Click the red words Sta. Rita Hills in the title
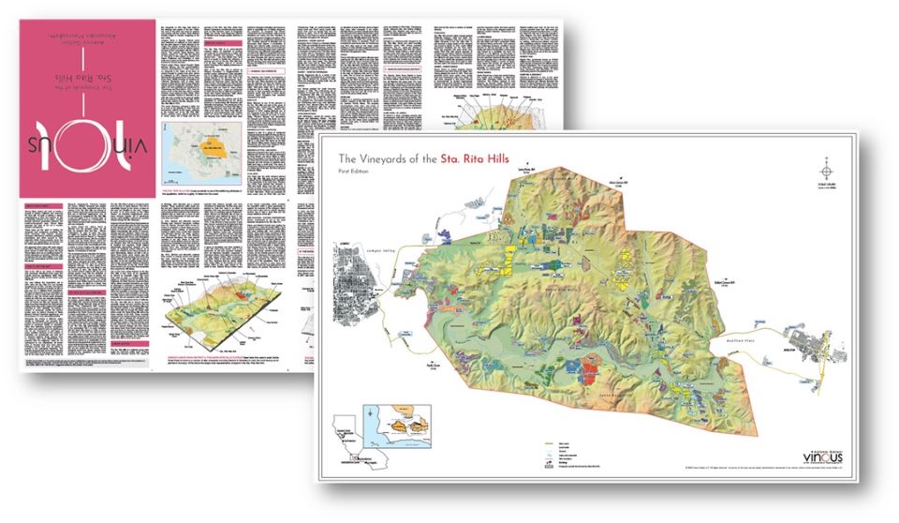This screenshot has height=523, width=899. tap(478, 158)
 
